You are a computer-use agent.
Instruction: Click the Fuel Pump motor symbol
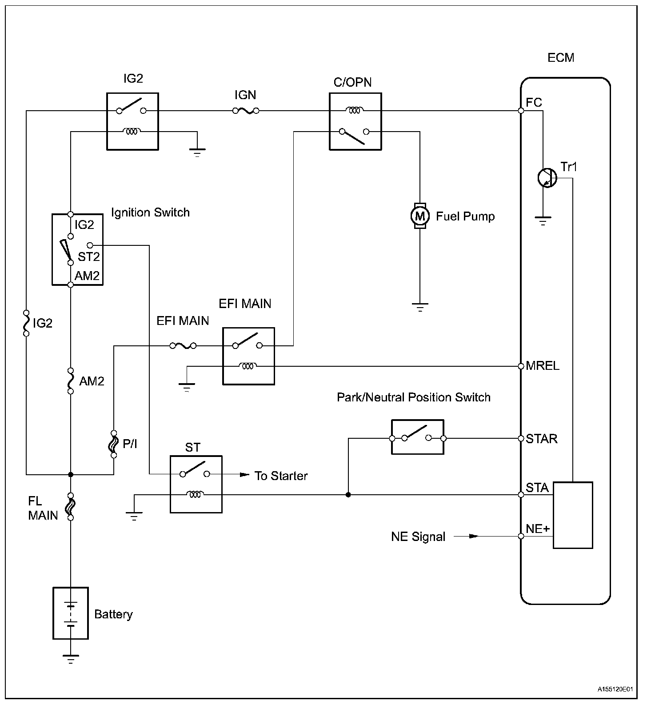[419, 216]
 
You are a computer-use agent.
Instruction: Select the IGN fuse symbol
[246, 111]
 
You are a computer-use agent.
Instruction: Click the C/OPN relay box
[355, 121]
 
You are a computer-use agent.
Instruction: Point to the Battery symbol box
[71, 613]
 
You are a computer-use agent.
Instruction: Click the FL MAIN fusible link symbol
[70, 507]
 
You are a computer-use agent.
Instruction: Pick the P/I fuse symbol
[114, 444]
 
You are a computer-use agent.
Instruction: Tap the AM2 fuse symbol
[70, 381]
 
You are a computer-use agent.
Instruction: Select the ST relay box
[196, 484]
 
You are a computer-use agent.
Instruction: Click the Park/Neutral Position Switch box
[417, 437]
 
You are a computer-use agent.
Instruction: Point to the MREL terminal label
[542, 366]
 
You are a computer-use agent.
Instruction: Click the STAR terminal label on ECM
[541, 439]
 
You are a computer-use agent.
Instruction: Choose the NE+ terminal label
[538, 529]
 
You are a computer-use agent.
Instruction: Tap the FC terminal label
[534, 103]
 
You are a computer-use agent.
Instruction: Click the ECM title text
[561, 58]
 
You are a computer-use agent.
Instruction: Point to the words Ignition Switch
[150, 212]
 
